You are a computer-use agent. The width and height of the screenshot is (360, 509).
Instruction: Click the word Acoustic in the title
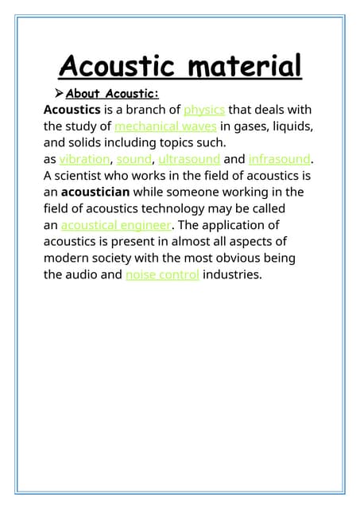[111, 65]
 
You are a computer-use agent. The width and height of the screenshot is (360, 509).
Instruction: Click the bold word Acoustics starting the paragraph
[72, 109]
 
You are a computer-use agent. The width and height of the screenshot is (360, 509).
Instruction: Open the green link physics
[204, 109]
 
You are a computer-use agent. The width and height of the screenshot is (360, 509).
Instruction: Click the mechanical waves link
[165, 126]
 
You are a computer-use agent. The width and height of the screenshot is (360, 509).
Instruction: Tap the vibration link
[84, 159]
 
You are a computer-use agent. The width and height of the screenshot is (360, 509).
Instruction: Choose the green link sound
[133, 159]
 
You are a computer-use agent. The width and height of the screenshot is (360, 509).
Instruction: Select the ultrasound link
[189, 159]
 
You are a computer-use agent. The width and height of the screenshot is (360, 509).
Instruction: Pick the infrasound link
[280, 159]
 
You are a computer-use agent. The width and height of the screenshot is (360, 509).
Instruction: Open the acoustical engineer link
[116, 225]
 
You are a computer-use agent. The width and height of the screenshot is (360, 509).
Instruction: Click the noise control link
[162, 275]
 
